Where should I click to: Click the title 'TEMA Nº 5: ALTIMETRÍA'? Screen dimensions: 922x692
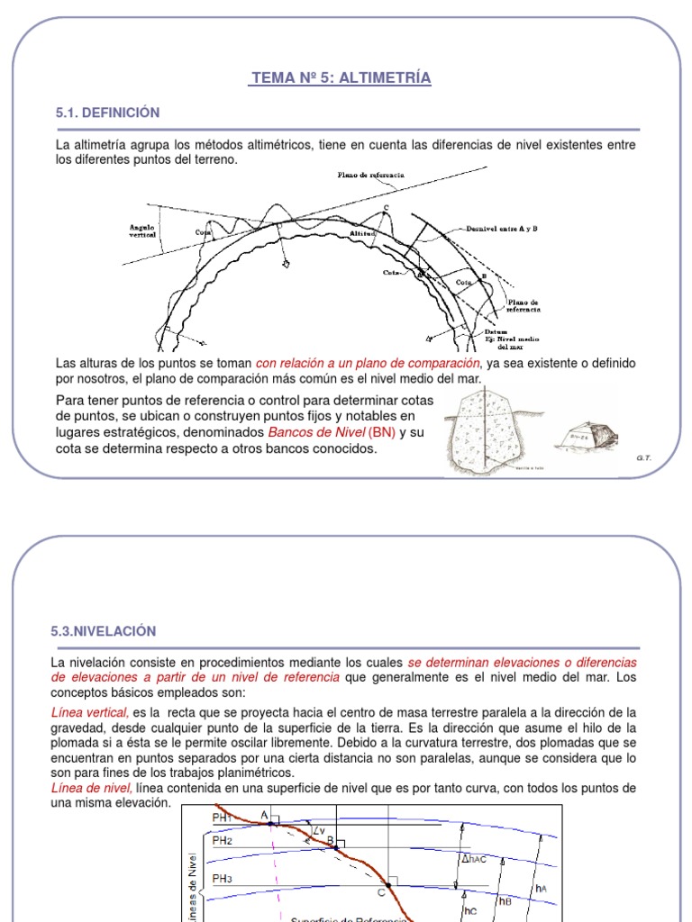[341, 78]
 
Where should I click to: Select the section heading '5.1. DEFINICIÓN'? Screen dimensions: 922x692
[107, 113]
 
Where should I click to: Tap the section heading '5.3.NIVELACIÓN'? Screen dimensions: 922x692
[105, 631]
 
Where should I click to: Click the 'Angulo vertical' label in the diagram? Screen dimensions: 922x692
[141, 231]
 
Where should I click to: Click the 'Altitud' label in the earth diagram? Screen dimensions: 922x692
[362, 233]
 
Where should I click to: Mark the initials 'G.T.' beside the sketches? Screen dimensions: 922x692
[643, 458]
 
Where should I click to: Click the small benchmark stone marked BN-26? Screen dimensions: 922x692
[584, 438]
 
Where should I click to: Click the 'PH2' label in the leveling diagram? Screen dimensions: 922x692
[223, 840]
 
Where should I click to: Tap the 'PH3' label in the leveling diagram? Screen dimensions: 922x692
[223, 878]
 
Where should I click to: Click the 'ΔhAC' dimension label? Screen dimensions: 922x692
[475, 858]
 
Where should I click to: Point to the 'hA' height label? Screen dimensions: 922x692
[541, 889]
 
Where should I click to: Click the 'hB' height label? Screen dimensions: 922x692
[505, 900]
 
